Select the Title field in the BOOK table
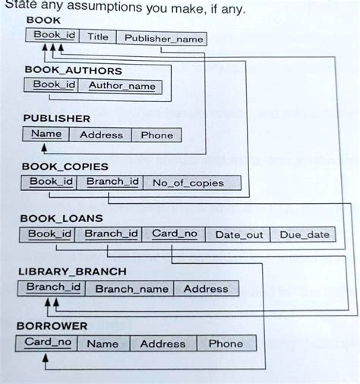[x=97, y=36]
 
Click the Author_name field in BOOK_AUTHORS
[x=122, y=86]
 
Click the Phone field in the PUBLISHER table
[x=156, y=135]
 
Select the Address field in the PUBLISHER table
[x=101, y=135]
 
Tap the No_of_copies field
[x=188, y=182]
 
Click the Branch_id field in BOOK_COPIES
[x=111, y=182]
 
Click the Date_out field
[x=239, y=235]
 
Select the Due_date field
[x=304, y=235]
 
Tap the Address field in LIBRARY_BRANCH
[x=205, y=289]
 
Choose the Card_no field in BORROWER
[x=49, y=342]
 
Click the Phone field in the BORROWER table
[x=226, y=343]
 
